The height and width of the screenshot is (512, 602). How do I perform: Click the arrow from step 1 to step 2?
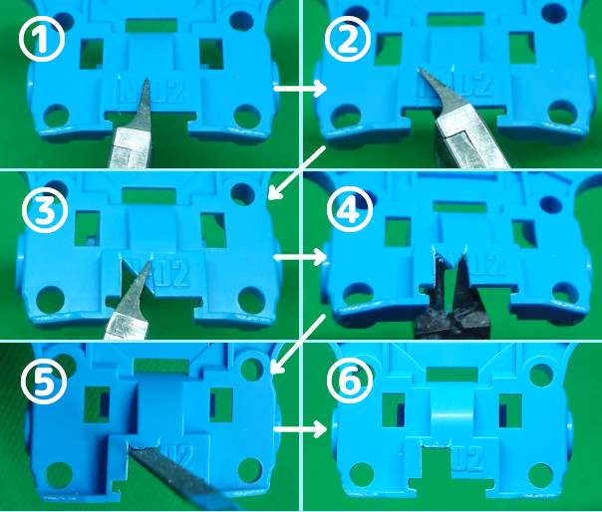coord(300,90)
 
